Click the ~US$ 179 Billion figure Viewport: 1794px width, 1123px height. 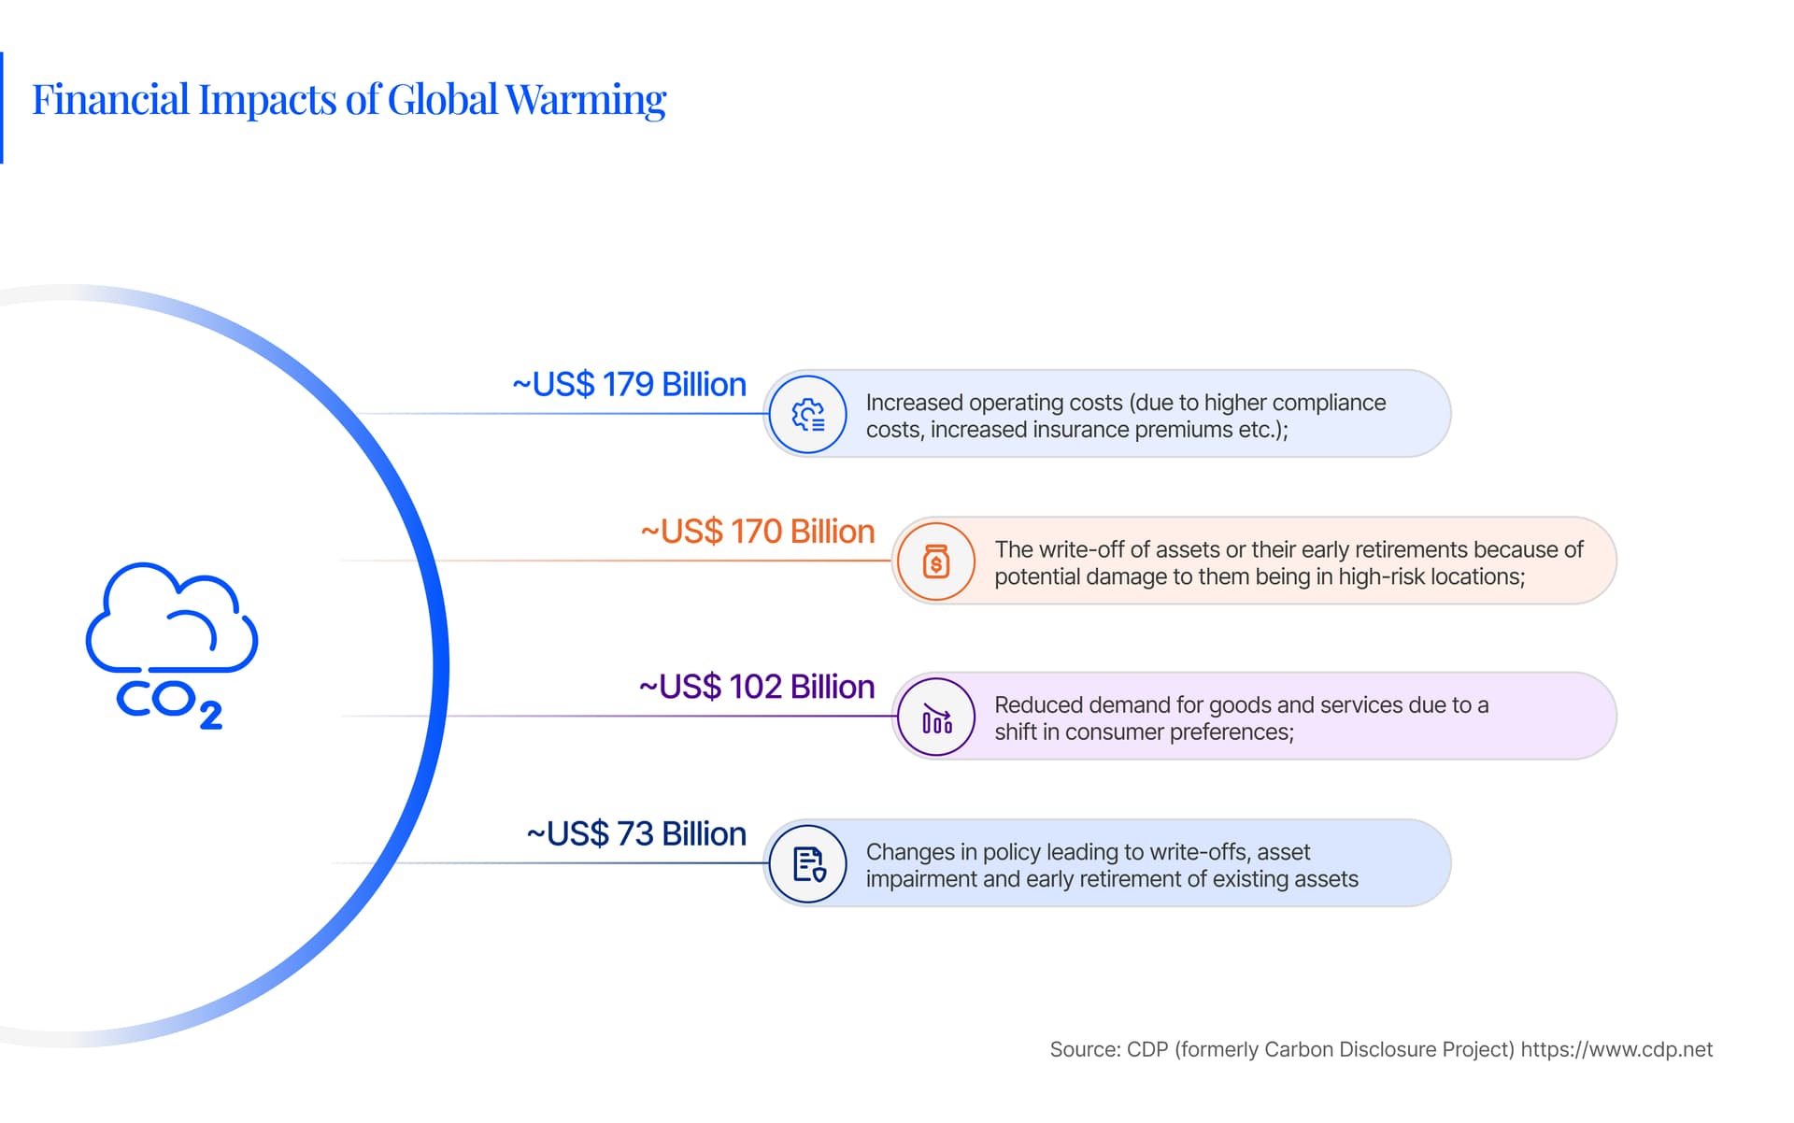(629, 385)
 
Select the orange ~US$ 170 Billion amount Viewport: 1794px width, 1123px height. (757, 532)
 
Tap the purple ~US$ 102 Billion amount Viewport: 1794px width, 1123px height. (757, 687)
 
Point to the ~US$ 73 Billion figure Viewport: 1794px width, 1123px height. (636, 834)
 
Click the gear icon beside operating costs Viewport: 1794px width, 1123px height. (808, 414)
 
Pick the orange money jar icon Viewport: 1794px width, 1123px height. (936, 561)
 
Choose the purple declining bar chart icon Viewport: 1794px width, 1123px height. (936, 717)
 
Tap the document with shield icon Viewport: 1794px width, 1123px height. (808, 864)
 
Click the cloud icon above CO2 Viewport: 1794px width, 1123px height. (172, 618)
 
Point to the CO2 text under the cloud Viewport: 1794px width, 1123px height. (169, 704)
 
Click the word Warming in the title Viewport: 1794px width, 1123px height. (586, 100)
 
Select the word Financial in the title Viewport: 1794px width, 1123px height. (111, 99)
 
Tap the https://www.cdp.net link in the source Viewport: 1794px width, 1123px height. (1616, 1049)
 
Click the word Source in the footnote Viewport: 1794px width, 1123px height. (1085, 1049)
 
